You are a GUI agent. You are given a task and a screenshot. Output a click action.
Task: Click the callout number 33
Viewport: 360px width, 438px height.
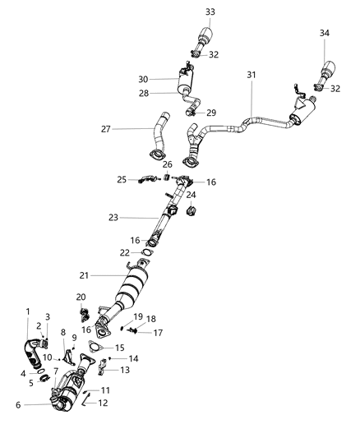coord(210,12)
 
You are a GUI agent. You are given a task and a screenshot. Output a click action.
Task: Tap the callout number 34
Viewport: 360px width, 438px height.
coord(325,33)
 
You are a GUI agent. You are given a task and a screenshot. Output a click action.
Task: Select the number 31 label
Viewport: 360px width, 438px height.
coord(252,75)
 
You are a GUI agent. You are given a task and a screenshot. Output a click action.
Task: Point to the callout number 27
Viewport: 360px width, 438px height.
coord(106,129)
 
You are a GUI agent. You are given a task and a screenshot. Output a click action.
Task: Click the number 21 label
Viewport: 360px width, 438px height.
coord(84,276)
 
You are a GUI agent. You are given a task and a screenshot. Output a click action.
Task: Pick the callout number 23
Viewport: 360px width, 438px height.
coord(113,218)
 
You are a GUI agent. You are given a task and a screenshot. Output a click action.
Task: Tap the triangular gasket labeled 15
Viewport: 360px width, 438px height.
coord(95,347)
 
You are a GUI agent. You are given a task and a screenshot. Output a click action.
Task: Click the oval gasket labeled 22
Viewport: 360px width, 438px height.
coord(148,253)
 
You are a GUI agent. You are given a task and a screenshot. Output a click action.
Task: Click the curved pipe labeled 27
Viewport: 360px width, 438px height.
coord(159,137)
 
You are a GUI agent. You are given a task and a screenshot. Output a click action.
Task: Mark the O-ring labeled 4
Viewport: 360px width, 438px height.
coord(41,371)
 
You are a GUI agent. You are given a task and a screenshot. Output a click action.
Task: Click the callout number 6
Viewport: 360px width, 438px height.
coord(18,405)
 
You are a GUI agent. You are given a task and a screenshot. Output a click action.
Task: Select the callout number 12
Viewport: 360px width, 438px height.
coord(103,403)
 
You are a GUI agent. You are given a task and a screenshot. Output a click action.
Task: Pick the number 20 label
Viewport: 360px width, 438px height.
coord(81,297)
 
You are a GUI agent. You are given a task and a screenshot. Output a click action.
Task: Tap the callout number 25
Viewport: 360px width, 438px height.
coord(122,180)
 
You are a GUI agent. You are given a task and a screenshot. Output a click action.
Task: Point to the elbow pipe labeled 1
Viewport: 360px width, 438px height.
coord(33,353)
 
